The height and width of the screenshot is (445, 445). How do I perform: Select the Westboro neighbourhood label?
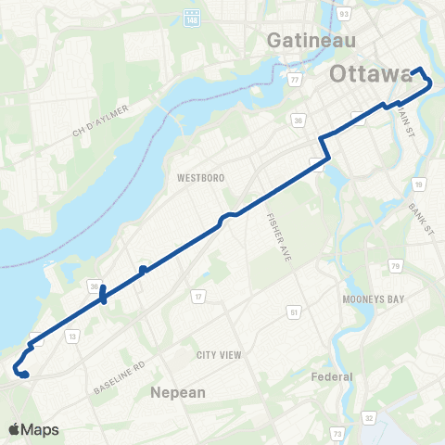point(192,176)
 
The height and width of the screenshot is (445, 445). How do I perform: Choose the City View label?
point(218,355)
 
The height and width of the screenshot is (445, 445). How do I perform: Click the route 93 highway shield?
point(344,14)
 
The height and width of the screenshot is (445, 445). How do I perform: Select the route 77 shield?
point(295,81)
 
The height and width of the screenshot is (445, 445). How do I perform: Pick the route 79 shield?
point(396,267)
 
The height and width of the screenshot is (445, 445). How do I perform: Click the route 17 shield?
point(197,297)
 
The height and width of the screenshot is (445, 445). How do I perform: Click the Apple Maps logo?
point(33,429)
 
